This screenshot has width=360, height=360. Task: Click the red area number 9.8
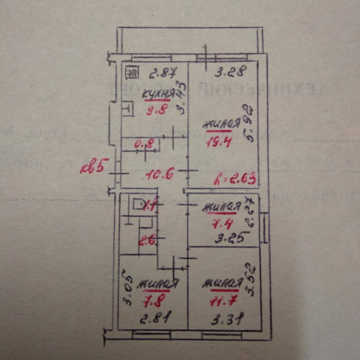click(156, 110)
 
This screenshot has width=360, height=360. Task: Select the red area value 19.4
click(219, 142)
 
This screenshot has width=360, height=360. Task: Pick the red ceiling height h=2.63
click(235, 180)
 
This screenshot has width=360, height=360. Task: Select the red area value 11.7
click(223, 302)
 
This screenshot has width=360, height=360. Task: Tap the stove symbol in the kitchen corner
click(132, 73)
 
